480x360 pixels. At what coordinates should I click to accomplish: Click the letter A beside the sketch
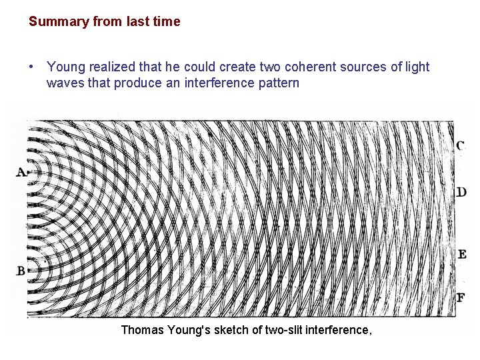click(21, 173)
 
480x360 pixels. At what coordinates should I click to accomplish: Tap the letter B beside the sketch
click(21, 271)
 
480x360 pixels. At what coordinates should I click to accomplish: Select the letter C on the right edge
click(461, 145)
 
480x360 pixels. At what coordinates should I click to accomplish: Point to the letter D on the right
click(461, 193)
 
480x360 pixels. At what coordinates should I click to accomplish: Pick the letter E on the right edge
click(461, 254)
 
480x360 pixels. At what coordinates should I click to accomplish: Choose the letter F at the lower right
click(461, 297)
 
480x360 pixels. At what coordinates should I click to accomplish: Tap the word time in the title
click(167, 21)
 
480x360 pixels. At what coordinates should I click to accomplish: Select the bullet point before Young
click(32, 67)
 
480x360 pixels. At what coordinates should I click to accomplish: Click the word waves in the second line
click(64, 83)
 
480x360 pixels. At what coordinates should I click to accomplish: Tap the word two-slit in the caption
click(282, 329)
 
